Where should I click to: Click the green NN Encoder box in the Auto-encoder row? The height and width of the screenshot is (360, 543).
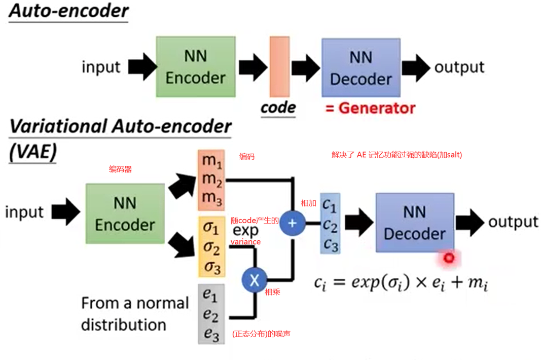[195, 67]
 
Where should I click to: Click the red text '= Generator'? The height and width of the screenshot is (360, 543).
[370, 108]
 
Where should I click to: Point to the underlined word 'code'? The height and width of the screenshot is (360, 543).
[278, 107]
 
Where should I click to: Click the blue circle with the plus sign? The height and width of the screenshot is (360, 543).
[293, 223]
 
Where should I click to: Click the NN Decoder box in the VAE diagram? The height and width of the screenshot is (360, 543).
[414, 222]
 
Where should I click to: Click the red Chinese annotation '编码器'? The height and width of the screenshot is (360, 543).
[120, 169]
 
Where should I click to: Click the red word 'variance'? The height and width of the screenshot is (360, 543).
[245, 242]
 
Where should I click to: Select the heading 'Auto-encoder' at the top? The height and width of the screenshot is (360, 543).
[68, 11]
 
